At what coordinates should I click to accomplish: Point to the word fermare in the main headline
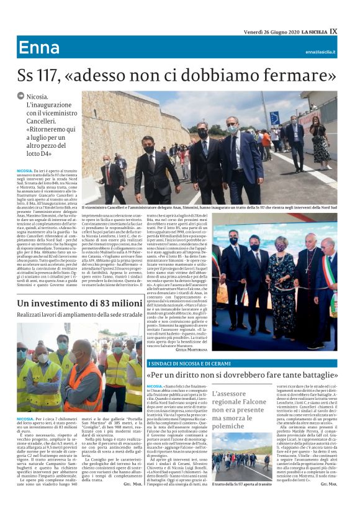pyautogui.click(x=292, y=76)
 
